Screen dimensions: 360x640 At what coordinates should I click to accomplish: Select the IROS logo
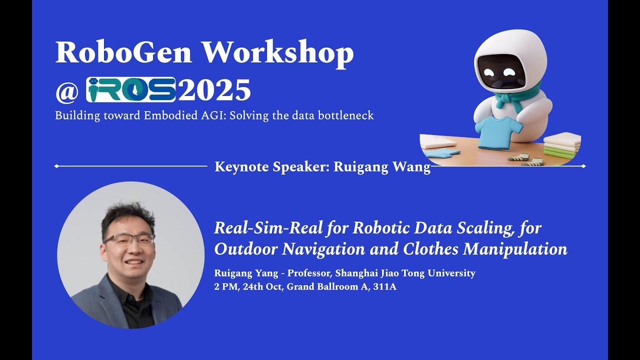(x=130, y=89)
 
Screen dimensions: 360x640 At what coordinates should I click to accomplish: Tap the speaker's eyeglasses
(x=129, y=238)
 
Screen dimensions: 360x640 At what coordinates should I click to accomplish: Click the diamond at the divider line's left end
(x=56, y=166)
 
